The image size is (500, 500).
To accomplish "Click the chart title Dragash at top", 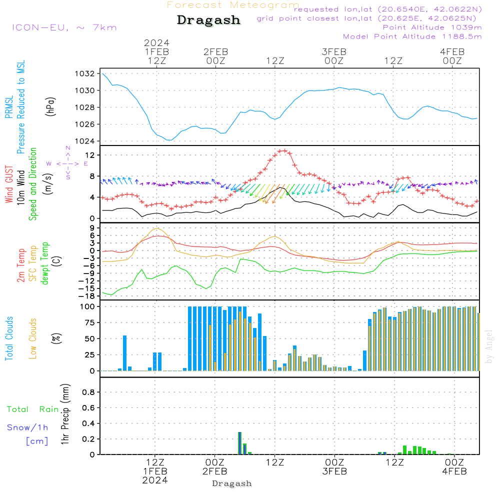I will pyautogui.click(x=208, y=20).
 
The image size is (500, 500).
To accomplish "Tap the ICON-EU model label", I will pyautogui.click(x=64, y=27).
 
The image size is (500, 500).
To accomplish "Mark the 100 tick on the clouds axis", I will pyautogui.click(x=87, y=306).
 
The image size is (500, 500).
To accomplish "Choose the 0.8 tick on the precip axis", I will pyautogui.click(x=88, y=392).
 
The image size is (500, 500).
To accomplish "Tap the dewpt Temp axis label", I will pyautogui.click(x=45, y=264).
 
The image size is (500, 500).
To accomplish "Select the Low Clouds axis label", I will pyautogui.click(x=33, y=338).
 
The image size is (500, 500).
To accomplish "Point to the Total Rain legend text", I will pyautogui.click(x=32, y=409).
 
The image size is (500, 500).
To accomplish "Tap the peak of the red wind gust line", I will pyautogui.click(x=283, y=150).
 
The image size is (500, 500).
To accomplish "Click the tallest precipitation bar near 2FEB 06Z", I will pyautogui.click(x=239, y=443).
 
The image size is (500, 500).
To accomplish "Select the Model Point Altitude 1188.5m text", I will pyautogui.click(x=412, y=36).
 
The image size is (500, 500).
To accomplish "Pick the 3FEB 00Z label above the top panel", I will pyautogui.click(x=334, y=56).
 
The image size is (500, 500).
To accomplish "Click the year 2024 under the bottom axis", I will pyautogui.click(x=155, y=480).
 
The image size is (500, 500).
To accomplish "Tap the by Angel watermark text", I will pyautogui.click(x=489, y=346).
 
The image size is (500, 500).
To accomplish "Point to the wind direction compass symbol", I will pyautogui.click(x=67, y=163).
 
